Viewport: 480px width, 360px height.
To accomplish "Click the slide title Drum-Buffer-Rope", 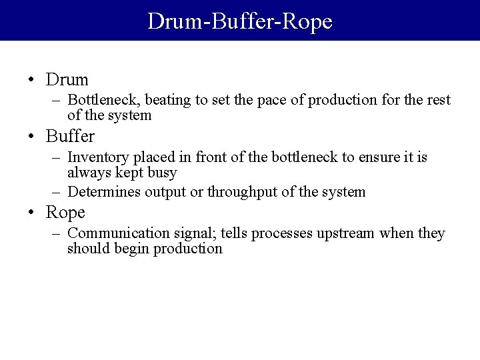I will (x=239, y=21).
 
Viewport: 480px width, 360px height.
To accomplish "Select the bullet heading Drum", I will (x=67, y=80).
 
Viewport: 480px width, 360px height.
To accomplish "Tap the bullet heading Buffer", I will (x=71, y=137).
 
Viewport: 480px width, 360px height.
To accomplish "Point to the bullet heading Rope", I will (x=66, y=213).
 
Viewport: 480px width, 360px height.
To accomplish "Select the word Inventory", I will (x=97, y=157).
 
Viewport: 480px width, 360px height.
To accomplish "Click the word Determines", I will (x=104, y=192).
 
